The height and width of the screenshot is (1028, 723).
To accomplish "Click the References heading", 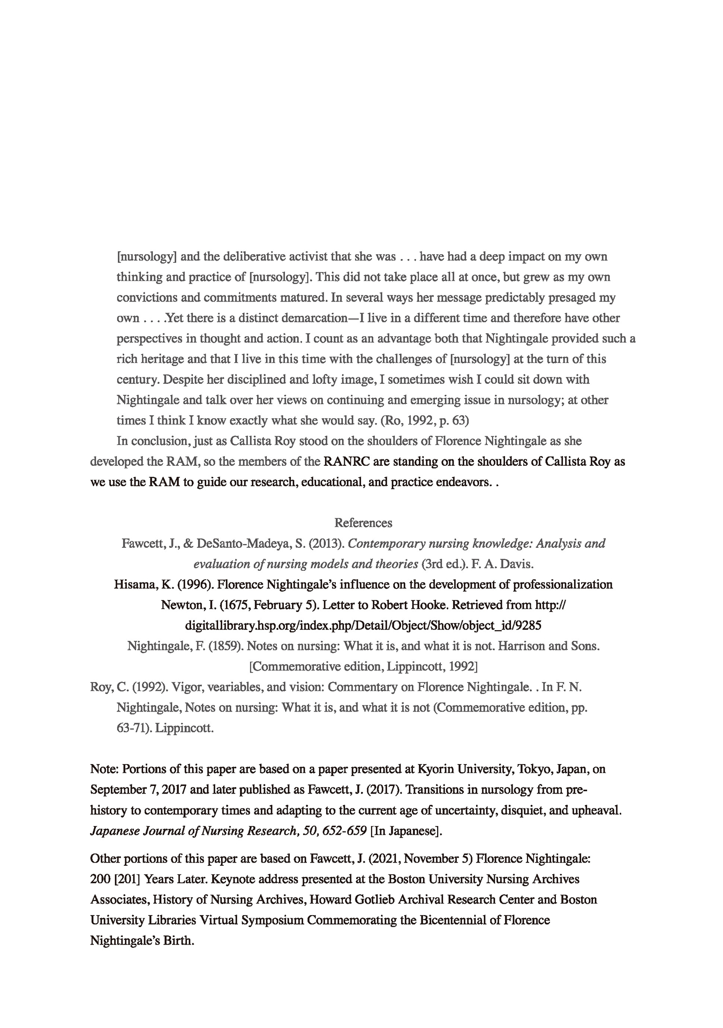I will [363, 523].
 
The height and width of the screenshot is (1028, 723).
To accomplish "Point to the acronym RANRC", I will [347, 462].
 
